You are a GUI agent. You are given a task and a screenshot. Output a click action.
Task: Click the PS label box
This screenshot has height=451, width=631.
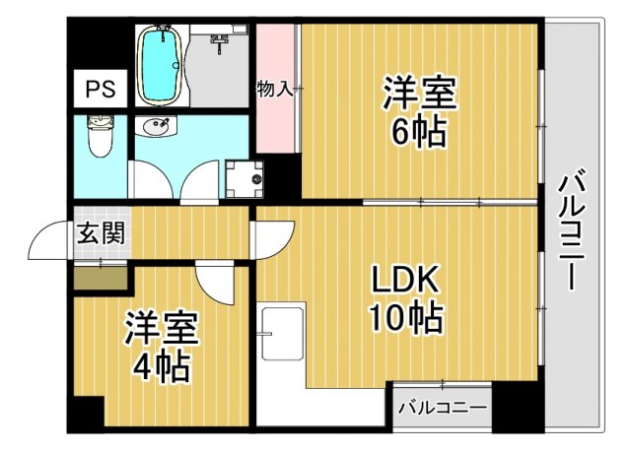point(99,90)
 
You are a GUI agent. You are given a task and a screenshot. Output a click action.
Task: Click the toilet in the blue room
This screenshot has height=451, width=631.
point(99,138)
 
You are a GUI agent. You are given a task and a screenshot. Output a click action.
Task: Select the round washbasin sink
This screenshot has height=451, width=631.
point(156,128)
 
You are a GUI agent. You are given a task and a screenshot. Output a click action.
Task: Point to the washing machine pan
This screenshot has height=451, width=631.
point(244,179)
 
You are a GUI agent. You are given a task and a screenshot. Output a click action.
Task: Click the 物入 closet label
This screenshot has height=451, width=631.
point(274,90)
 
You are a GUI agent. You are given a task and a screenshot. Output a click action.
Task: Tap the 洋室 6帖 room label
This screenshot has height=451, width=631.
point(419,113)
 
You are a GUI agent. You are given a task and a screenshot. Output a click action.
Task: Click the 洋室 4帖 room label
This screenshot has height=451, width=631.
point(162,348)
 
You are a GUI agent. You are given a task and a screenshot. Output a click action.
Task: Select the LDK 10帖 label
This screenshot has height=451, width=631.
point(404,299)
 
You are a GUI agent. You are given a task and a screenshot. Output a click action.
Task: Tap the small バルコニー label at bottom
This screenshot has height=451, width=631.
point(442,407)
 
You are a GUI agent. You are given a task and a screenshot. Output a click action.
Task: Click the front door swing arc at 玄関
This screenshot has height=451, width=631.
point(49,241)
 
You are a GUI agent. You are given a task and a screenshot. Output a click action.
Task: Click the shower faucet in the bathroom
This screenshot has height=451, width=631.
point(219,39)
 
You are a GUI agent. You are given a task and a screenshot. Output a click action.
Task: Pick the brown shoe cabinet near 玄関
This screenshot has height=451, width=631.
point(101,278)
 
